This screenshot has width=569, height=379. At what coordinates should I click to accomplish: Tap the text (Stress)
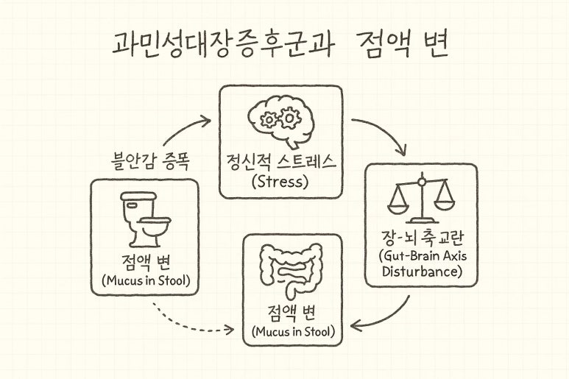click(280, 181)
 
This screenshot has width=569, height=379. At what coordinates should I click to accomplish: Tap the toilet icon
click(144, 219)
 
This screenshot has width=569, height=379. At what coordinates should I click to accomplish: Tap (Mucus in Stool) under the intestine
click(293, 332)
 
